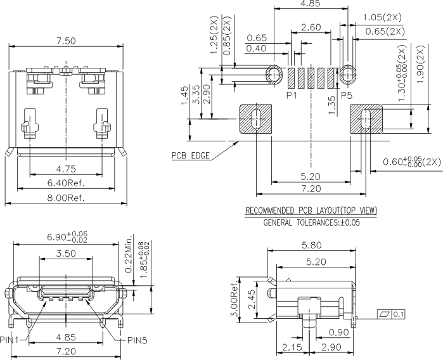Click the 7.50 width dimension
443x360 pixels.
pyautogui.click(x=66, y=41)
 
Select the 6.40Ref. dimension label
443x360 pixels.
pyautogui.click(x=67, y=183)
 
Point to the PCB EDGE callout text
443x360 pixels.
pyautogui.click(x=191, y=155)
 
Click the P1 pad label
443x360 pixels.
pyautogui.click(x=292, y=95)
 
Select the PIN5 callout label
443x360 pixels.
pyautogui.click(x=137, y=340)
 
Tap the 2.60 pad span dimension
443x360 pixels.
pyautogui.click(x=310, y=27)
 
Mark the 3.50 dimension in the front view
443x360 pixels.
pyautogui.click(x=66, y=253)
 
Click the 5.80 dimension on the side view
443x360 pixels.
pyautogui.click(x=311, y=244)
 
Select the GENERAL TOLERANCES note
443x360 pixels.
pyautogui.click(x=311, y=223)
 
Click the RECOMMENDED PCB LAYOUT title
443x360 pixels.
pyautogui.click(x=311, y=210)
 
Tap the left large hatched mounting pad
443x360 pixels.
pyautogui.click(x=255, y=119)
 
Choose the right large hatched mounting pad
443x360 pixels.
pyautogui.click(x=366, y=119)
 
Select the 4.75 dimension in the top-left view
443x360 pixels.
pyautogui.click(x=67, y=169)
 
